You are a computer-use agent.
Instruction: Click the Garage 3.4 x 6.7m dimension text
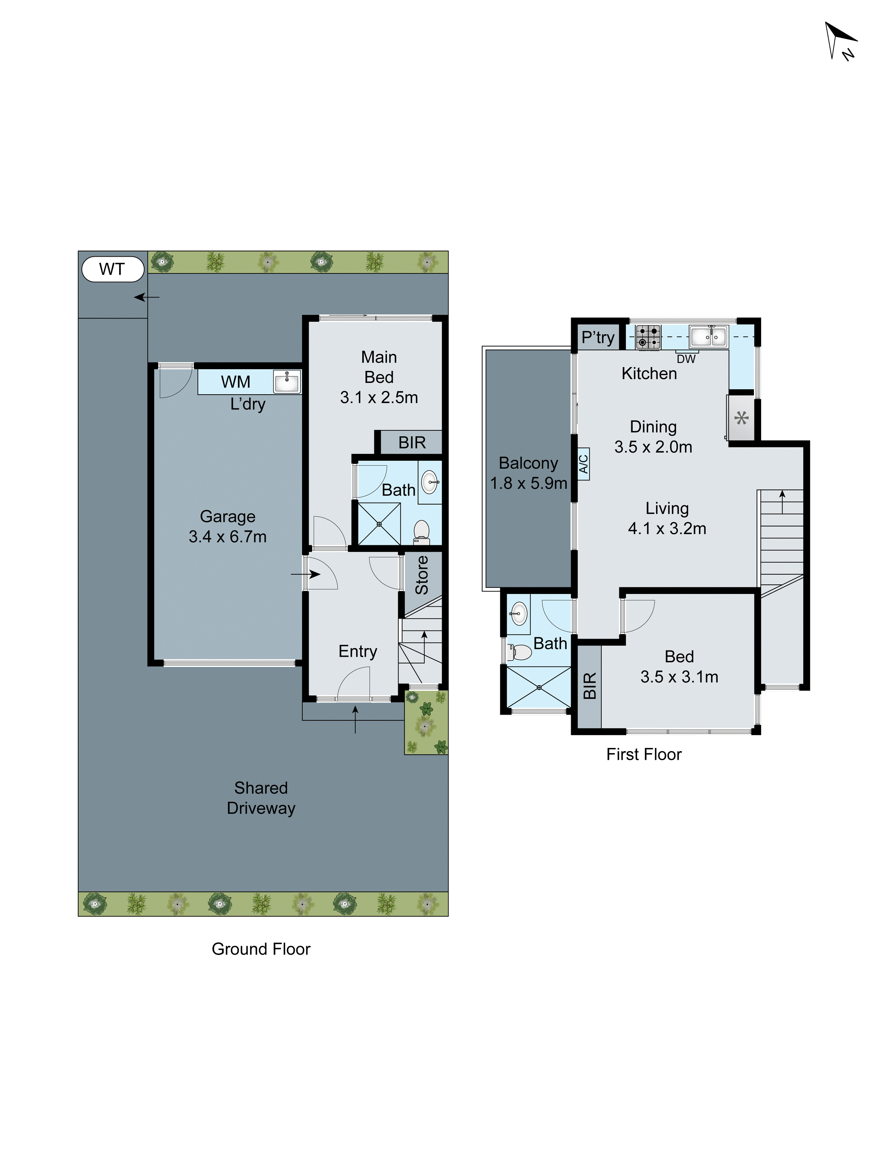(227, 536)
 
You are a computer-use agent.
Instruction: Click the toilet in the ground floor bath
(421, 531)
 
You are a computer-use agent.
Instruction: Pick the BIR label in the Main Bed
(411, 442)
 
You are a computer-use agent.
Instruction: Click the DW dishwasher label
(686, 359)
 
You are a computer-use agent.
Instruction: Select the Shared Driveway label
(261, 798)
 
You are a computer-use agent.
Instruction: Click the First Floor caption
(643, 754)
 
